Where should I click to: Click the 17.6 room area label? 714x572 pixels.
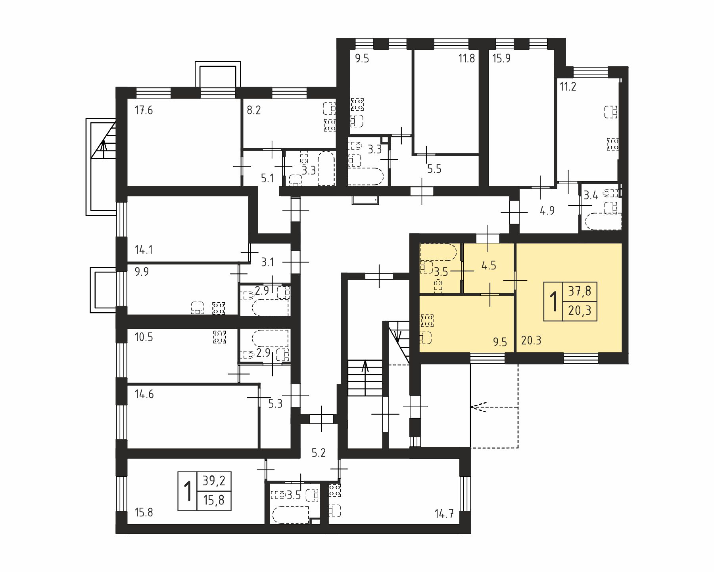point(144,110)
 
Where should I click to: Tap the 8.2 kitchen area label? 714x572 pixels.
point(254,110)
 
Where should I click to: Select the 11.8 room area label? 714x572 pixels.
point(466,58)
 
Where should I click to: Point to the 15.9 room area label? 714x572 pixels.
point(501,58)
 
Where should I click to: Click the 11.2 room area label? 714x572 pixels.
point(568,86)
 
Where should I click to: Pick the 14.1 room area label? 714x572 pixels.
point(144,250)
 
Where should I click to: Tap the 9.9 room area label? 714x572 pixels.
point(142,272)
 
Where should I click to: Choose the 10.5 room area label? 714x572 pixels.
point(144,337)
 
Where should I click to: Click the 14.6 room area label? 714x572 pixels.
point(144,394)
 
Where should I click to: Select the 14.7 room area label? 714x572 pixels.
point(444,514)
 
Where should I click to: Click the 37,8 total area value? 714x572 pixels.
point(580,291)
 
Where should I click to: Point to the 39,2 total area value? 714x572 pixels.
point(214,481)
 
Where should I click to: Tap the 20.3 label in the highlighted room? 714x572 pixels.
point(531,340)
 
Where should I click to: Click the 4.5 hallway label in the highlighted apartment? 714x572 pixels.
point(489,265)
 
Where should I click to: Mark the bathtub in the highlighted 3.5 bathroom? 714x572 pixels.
point(439,252)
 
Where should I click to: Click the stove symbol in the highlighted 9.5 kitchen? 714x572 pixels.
point(427,321)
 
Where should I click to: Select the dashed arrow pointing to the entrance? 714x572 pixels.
point(495,407)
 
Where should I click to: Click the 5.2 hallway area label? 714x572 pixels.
point(319,453)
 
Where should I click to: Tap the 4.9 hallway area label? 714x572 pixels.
point(547,211)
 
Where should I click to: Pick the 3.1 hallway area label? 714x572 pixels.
point(267,262)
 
